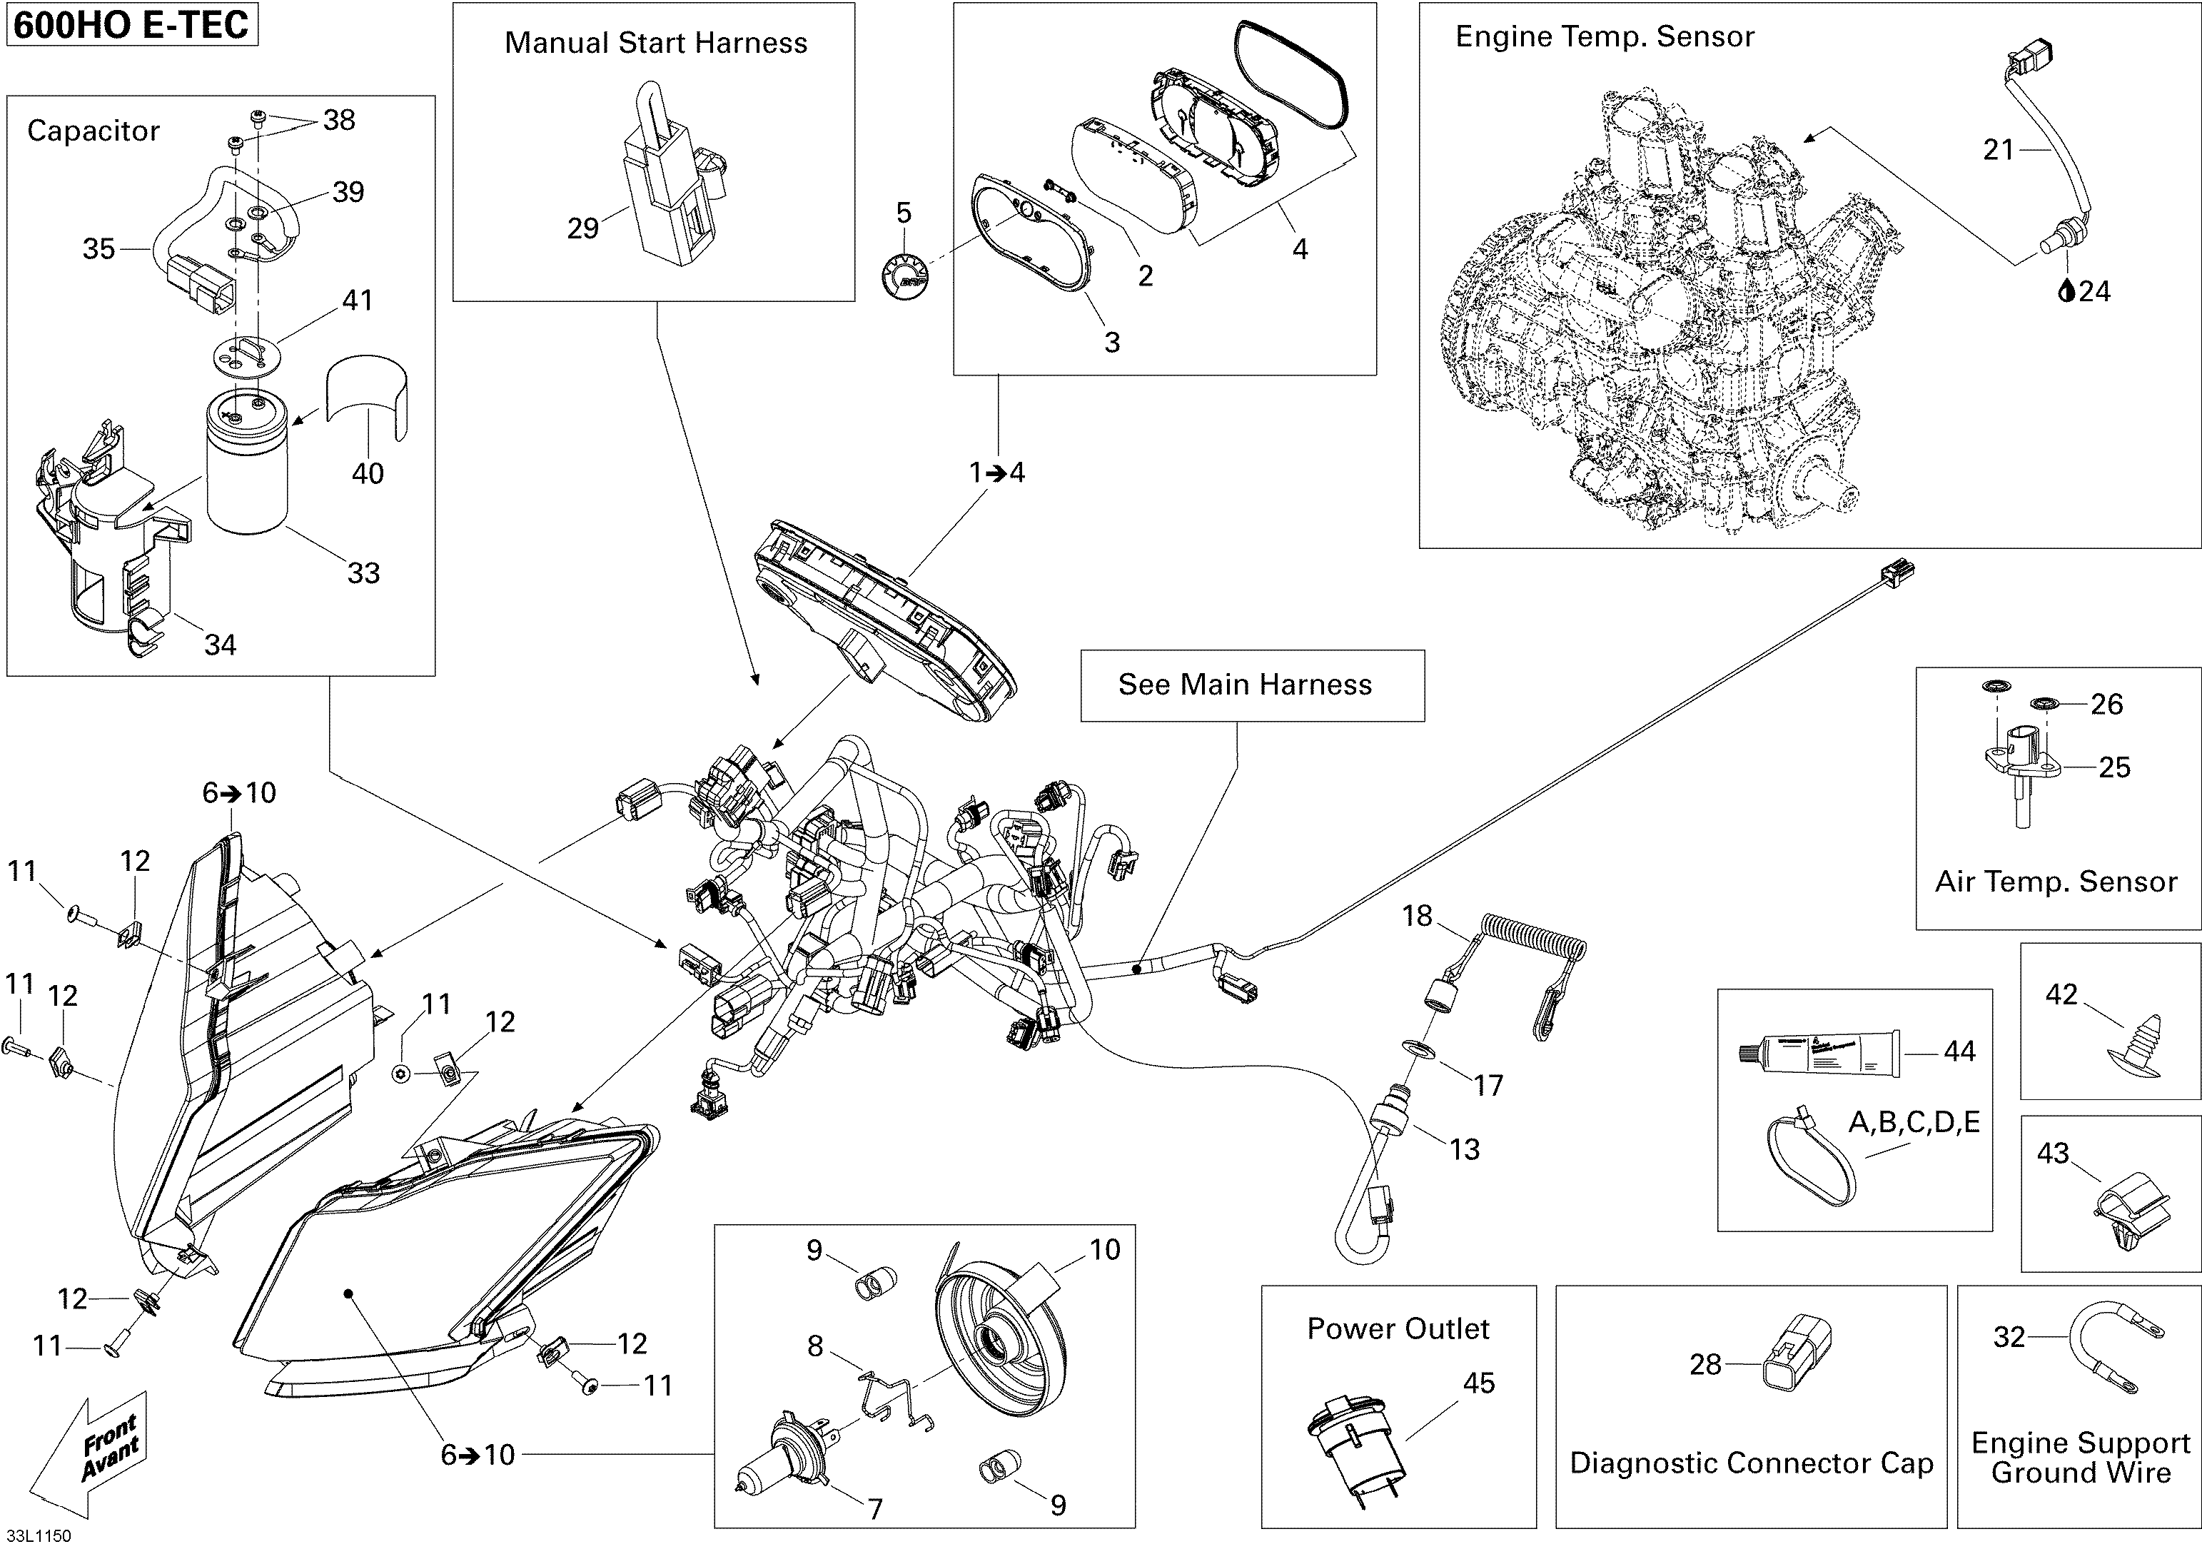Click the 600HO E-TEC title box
coord(131,24)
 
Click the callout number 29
coord(582,228)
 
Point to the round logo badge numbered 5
coord(904,277)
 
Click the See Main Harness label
coord(1245,685)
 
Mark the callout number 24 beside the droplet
coord(2095,291)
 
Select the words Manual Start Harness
coord(656,43)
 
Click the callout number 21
coord(1999,150)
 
